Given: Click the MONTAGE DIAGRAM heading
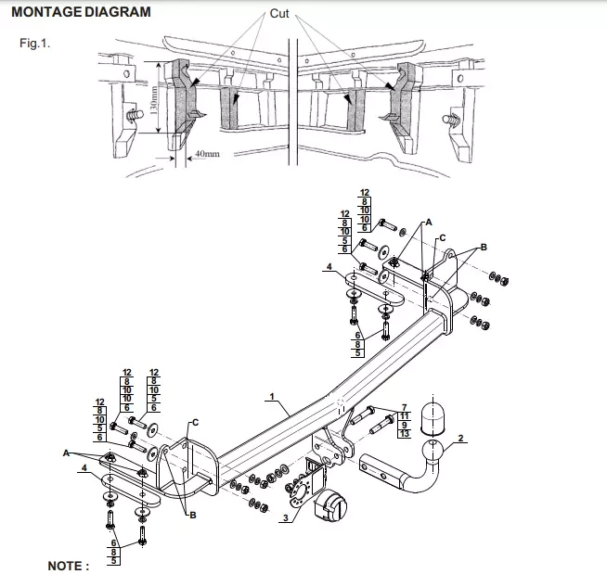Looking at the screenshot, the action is [81, 12].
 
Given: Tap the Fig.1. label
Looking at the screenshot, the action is [35, 43].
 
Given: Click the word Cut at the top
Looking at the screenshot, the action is [279, 14].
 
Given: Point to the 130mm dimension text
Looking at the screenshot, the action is [154, 100].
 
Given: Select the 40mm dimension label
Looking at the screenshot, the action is [208, 154].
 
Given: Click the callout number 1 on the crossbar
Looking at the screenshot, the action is [272, 397].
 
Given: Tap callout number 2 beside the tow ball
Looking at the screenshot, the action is [460, 438].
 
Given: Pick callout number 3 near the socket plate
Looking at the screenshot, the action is [286, 517].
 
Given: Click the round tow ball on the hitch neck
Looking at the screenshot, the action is [432, 451].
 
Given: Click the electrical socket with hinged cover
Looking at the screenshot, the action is [330, 504].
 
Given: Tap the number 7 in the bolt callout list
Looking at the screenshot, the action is [404, 407].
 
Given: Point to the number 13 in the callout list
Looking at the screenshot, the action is [404, 433].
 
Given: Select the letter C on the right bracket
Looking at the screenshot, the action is [443, 238].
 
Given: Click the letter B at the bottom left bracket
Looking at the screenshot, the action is [192, 515].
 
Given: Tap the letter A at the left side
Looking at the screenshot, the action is [66, 453].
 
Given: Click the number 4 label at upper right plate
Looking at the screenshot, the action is [329, 266].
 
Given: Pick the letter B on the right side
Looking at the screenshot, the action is [484, 247].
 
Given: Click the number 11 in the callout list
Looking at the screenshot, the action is [404, 416].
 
